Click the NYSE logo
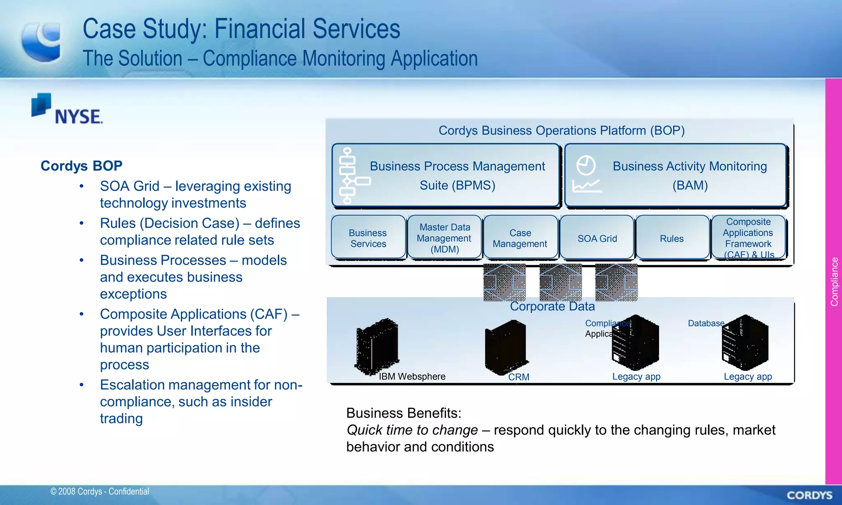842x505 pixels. pyautogui.click(x=67, y=109)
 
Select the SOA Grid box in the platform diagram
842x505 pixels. pyautogui.click(x=597, y=238)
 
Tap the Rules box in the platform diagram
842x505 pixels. pyautogui.click(x=671, y=238)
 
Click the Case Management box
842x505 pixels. pyautogui.click(x=520, y=238)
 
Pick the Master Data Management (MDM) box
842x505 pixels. pyautogui.click(x=444, y=238)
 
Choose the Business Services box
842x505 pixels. pyautogui.click(x=368, y=238)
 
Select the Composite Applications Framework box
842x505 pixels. pyautogui.click(x=748, y=238)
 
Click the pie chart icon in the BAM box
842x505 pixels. pyautogui.click(x=585, y=165)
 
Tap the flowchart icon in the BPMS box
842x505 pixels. pyautogui.click(x=349, y=176)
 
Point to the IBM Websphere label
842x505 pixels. pyautogui.click(x=412, y=376)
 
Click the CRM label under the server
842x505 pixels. pyautogui.click(x=518, y=377)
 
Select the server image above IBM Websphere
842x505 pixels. pyautogui.click(x=377, y=346)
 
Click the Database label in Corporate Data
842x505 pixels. pyautogui.click(x=706, y=323)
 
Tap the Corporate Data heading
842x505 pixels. pyautogui.click(x=552, y=307)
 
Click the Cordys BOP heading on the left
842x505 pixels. pyautogui.click(x=81, y=166)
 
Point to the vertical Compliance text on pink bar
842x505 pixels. pyautogui.click(x=834, y=282)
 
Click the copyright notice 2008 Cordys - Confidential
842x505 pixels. pyautogui.click(x=99, y=491)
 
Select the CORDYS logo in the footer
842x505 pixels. pyautogui.click(x=809, y=495)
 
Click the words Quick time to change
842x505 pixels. pyautogui.click(x=412, y=430)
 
